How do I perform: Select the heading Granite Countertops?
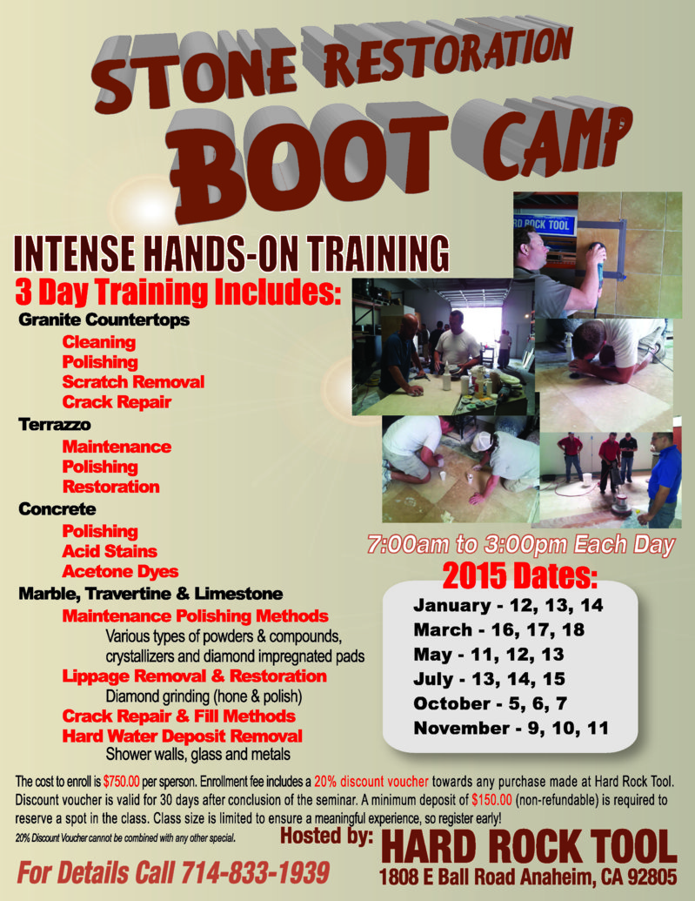[x=104, y=319]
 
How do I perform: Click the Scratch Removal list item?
[x=133, y=382]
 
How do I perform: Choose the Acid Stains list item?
[x=109, y=551]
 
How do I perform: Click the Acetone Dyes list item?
[x=120, y=572]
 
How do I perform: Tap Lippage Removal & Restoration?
[x=194, y=676]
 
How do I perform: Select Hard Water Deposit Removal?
[x=182, y=736]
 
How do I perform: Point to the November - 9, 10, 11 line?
[x=511, y=727]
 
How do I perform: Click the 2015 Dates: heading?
[x=520, y=575]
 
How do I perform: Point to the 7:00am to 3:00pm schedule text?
[x=521, y=546]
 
